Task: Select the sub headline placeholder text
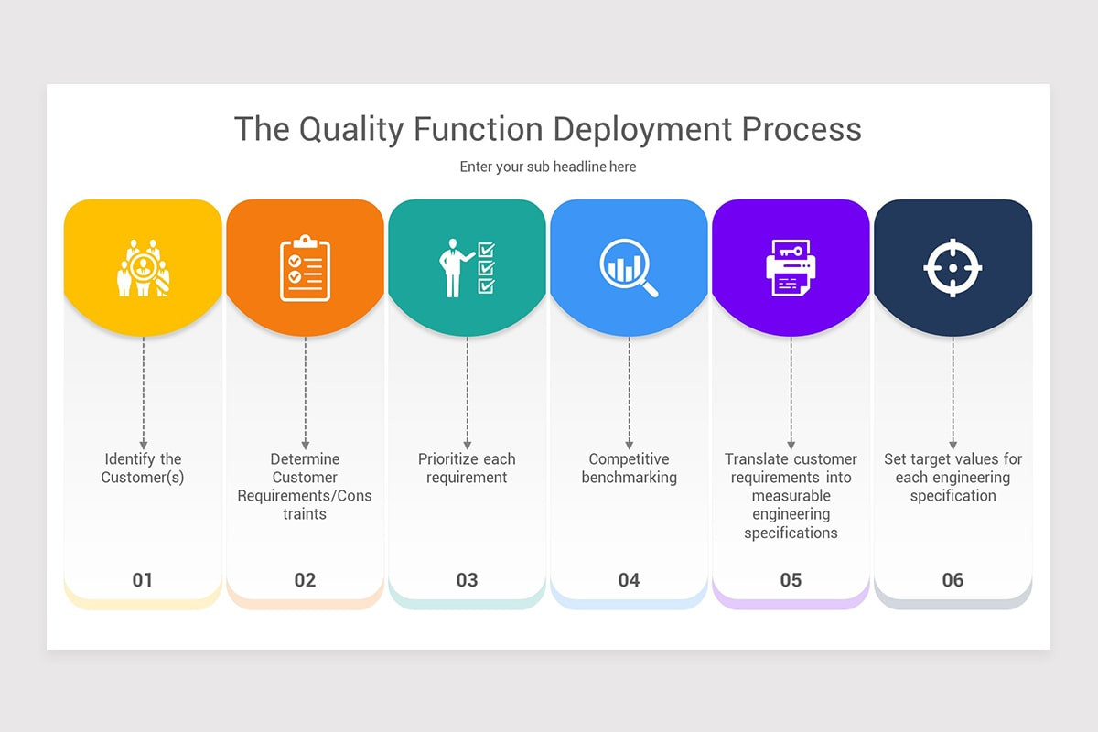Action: click(x=548, y=167)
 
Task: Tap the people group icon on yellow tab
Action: click(x=143, y=267)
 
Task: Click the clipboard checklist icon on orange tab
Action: click(x=305, y=267)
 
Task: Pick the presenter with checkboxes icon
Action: click(x=467, y=267)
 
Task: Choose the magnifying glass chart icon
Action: click(x=629, y=267)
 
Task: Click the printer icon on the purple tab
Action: click(x=791, y=267)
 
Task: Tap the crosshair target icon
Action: click(x=953, y=267)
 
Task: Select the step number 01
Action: click(x=143, y=580)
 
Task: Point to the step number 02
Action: click(x=305, y=580)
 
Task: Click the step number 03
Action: click(x=467, y=580)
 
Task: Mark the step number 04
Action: click(x=629, y=580)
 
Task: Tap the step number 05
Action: click(x=791, y=580)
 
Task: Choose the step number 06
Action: click(x=953, y=580)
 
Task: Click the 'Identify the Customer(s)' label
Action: click(x=143, y=468)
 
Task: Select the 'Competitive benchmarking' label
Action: click(x=629, y=468)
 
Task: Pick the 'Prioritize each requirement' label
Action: click(x=467, y=468)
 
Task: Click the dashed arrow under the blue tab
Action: click(x=629, y=393)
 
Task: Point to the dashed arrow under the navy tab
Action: click(x=953, y=393)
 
